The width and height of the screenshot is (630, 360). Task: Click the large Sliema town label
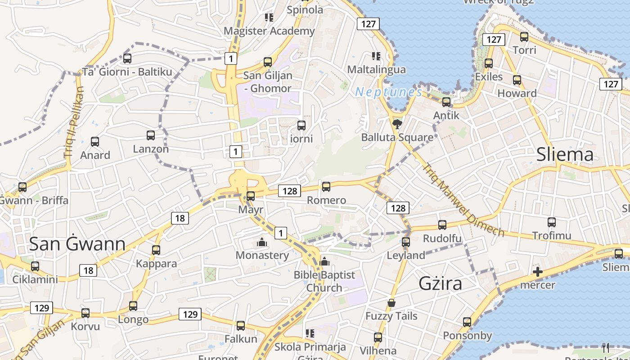coord(565,155)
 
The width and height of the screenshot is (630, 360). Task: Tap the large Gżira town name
coord(441,283)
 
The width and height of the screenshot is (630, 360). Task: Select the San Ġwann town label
coord(77,243)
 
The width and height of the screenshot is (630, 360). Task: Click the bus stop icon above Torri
coord(524,37)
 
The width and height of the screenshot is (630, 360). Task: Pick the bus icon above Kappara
coord(156,250)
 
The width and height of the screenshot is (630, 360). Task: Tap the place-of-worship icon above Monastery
coord(262,243)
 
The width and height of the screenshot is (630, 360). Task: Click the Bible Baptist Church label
coord(324,281)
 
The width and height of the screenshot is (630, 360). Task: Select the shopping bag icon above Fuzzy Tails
coord(391,303)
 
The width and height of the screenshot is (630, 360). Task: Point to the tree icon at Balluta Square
coord(397,124)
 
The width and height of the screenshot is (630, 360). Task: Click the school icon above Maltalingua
coord(376,56)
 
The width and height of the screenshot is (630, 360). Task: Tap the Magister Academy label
coord(269,31)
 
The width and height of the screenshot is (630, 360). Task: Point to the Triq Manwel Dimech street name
coord(463,199)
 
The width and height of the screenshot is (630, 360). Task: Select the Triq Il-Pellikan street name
coord(74,122)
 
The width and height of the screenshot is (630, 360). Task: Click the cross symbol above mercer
coord(537,272)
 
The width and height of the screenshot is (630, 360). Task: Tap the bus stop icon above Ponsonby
coord(467,322)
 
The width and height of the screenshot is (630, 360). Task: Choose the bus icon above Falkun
coord(241,326)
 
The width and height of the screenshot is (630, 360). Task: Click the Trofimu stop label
coord(552,235)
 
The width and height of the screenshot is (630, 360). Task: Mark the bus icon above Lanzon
coord(151,135)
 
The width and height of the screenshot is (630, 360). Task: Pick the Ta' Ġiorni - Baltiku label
coord(127,72)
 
